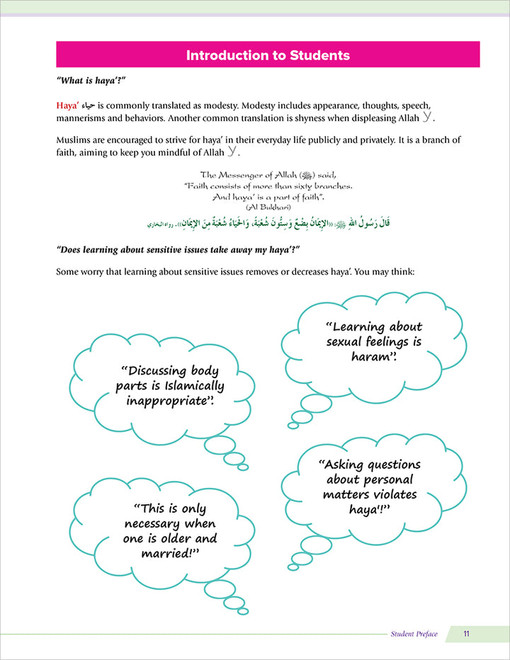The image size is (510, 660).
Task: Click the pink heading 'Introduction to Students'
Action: [268, 55]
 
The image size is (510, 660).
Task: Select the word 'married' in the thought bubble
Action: [169, 553]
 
